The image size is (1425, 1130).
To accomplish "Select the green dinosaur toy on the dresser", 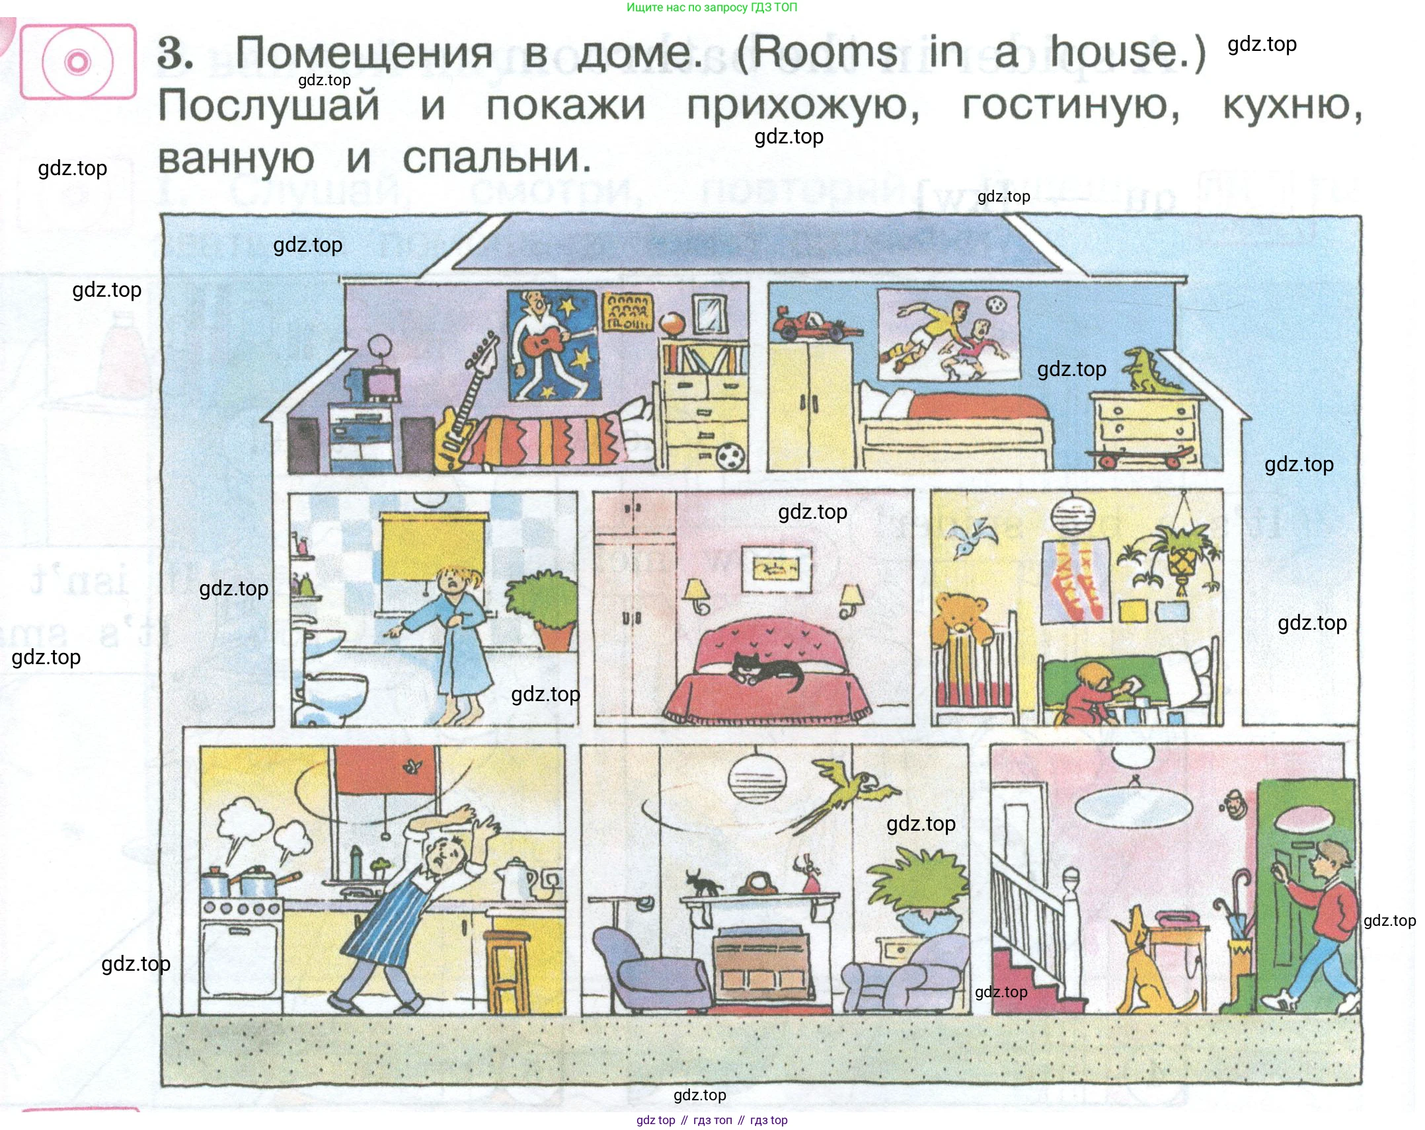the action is click(1152, 370).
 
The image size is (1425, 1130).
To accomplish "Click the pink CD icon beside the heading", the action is click(78, 62).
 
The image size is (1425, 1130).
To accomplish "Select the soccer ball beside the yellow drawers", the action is click(730, 456).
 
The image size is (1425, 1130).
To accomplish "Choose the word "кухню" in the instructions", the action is click(1291, 106).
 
